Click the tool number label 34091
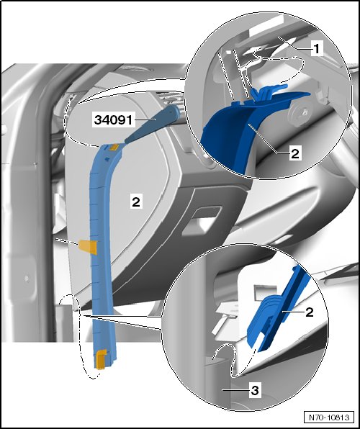[113, 119]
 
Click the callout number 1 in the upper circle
[316, 49]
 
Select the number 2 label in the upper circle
[295, 153]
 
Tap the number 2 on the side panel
[136, 202]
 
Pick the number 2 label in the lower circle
[309, 312]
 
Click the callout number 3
[255, 390]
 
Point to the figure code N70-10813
[329, 417]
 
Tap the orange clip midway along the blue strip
[88, 246]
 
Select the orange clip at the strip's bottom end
[101, 359]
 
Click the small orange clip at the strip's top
[114, 147]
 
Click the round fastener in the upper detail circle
[300, 112]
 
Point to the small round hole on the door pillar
[27, 279]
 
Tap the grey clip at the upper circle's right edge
[320, 97]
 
